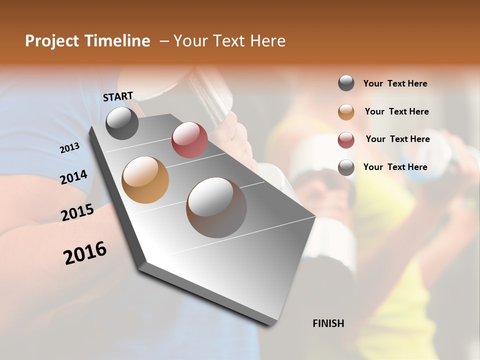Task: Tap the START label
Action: (118, 96)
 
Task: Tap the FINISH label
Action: (328, 323)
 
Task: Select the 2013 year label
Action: (70, 148)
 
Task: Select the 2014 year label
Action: (73, 177)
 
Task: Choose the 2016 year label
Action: (85, 253)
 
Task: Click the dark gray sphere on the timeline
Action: (122, 123)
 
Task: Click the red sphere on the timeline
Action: (189, 140)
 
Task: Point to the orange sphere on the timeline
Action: (145, 180)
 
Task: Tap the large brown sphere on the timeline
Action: (216, 207)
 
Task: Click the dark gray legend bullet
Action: (346, 83)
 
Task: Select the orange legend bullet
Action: (346, 112)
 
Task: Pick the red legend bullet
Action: (346, 140)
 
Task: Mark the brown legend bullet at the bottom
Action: (346, 167)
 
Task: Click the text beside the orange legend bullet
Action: (396, 111)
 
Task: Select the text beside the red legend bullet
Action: (397, 139)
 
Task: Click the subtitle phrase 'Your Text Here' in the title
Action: (229, 41)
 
